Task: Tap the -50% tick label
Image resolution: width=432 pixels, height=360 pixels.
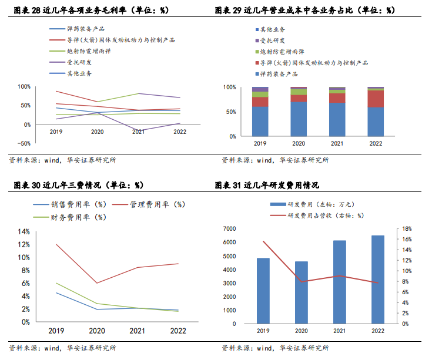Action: coord(24,143)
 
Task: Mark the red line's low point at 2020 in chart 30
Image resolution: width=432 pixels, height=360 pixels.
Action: coord(98,283)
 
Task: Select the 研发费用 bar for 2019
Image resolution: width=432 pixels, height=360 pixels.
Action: coord(263,291)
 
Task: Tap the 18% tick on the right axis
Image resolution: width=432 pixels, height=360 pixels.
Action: coord(407,228)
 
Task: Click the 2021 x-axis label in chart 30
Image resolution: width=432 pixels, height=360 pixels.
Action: coord(138,330)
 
